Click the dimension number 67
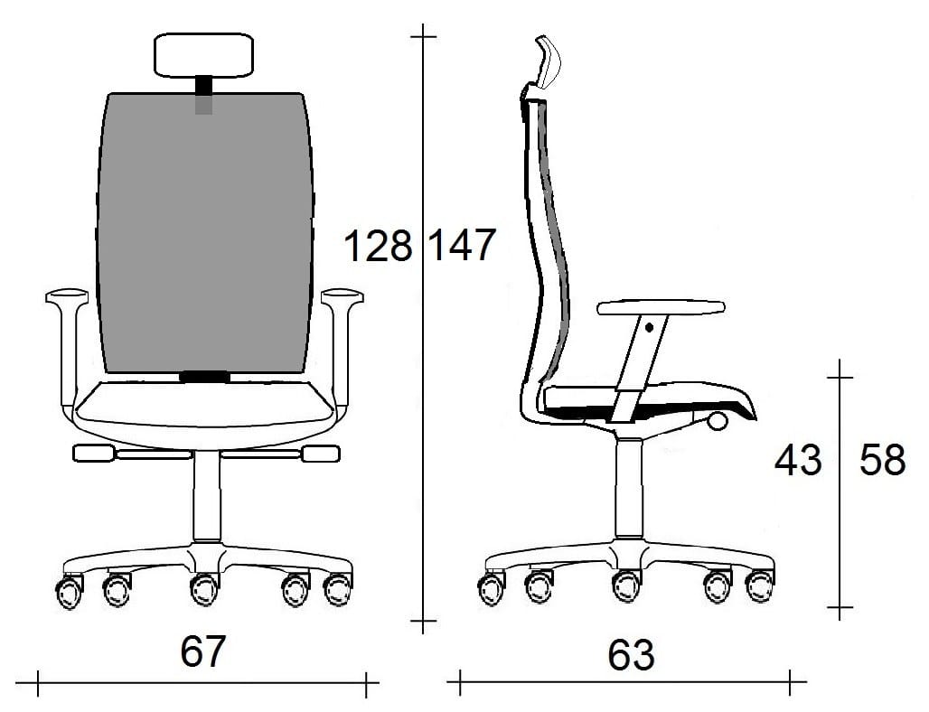pos(202,651)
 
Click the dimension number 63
pos(631,655)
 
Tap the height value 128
pos(378,246)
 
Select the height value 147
pos(462,245)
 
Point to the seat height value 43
pos(798,460)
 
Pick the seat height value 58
pos(883,460)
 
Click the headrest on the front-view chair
pos(204,55)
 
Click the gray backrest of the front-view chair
pos(205,232)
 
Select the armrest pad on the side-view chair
pos(661,307)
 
